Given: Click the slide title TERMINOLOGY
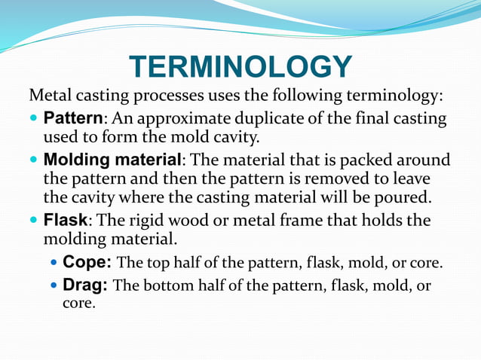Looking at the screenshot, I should (x=240, y=67).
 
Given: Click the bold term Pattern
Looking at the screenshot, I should (x=72, y=119).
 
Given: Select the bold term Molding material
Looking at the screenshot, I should (x=112, y=160).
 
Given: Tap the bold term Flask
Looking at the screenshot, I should (x=66, y=221).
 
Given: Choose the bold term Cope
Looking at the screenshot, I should (x=87, y=263).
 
